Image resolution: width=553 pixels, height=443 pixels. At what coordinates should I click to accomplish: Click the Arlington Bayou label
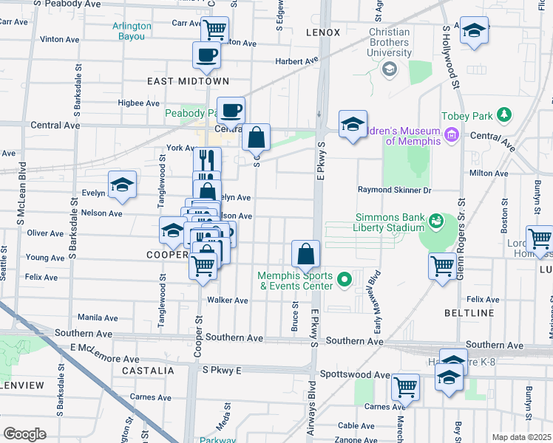pyautogui.click(x=132, y=30)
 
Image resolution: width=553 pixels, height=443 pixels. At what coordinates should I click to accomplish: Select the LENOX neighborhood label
pyautogui.click(x=322, y=32)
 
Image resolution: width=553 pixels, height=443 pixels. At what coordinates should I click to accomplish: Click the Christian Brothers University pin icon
pyautogui.click(x=389, y=69)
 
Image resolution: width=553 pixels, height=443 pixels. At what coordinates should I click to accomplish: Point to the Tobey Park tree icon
pyautogui.click(x=504, y=115)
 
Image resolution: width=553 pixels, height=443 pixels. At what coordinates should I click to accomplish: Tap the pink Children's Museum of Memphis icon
pyautogui.click(x=451, y=135)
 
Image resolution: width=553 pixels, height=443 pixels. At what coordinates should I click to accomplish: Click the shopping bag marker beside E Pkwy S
pyautogui.click(x=305, y=255)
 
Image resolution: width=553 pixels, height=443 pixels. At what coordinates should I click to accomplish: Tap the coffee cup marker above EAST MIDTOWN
pyautogui.click(x=207, y=55)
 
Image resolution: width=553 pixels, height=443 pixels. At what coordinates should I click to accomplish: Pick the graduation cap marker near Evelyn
pyautogui.click(x=122, y=185)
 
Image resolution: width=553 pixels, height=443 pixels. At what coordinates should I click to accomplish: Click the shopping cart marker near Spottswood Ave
pyautogui.click(x=405, y=386)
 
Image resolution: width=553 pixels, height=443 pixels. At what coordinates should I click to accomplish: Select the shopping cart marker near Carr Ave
pyautogui.click(x=214, y=30)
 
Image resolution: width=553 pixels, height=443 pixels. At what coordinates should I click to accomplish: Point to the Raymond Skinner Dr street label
pyautogui.click(x=394, y=190)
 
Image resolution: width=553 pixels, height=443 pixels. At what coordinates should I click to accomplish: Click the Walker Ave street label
pyautogui.click(x=228, y=301)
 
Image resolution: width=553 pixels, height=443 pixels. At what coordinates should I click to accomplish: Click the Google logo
pyautogui.click(x=24, y=434)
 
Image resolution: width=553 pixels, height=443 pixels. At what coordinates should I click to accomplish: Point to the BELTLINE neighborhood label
pyautogui.click(x=469, y=313)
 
